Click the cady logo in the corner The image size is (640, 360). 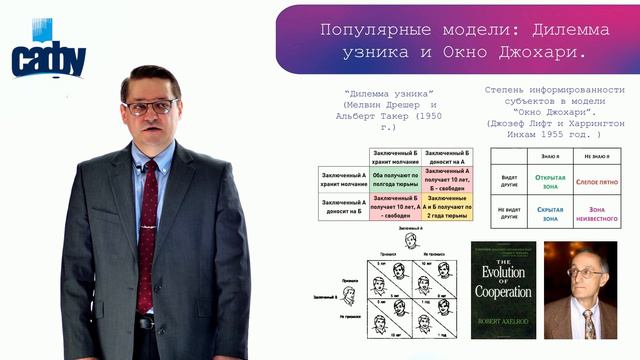coord(47,58)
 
